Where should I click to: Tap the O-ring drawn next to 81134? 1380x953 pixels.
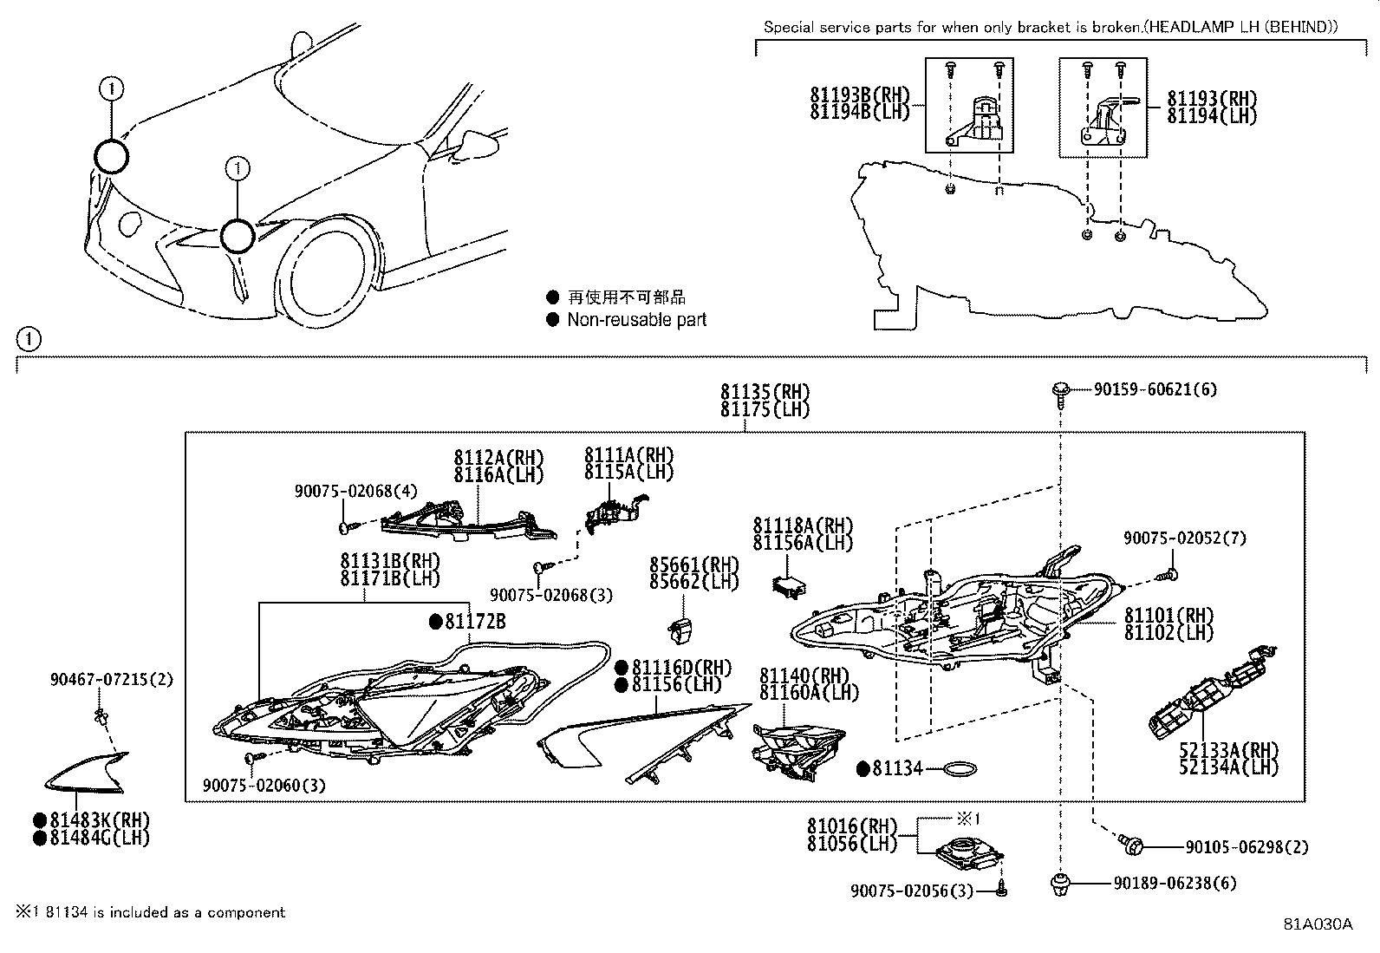pyautogui.click(x=960, y=769)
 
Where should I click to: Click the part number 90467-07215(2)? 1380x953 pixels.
pyautogui.click(x=111, y=680)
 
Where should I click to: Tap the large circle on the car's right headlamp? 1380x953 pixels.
pyautogui.click(x=111, y=158)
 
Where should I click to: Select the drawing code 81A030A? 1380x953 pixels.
pyautogui.click(x=1318, y=924)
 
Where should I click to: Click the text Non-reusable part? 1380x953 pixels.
pyautogui.click(x=636, y=320)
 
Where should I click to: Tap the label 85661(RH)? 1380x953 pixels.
pyautogui.click(x=693, y=565)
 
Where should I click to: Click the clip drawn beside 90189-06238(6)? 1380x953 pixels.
pyautogui.click(x=1058, y=884)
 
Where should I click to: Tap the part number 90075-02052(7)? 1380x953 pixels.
pyautogui.click(x=1184, y=539)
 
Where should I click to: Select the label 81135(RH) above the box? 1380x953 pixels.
pyautogui.click(x=765, y=392)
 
